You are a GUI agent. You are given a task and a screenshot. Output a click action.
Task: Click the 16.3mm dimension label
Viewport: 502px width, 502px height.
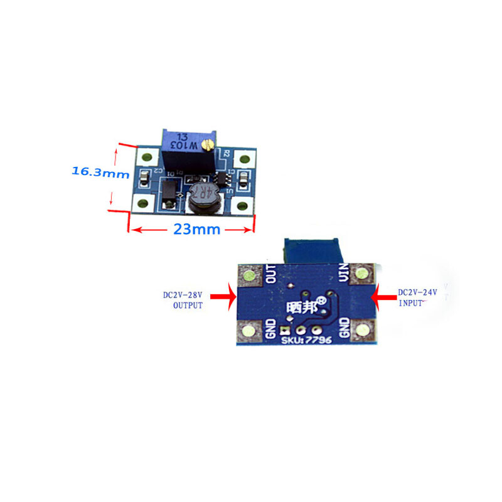tap(99, 171)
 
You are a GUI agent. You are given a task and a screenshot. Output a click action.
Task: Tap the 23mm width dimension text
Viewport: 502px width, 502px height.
tap(197, 230)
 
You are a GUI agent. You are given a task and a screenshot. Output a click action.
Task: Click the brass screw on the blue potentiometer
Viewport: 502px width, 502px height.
tap(208, 146)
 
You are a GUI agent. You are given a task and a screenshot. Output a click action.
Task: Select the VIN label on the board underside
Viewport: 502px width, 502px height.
tap(343, 274)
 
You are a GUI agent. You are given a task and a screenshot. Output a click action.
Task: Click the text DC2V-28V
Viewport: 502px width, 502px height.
tap(183, 294)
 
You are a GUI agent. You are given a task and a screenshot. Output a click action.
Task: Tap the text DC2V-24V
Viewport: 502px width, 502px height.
tap(417, 292)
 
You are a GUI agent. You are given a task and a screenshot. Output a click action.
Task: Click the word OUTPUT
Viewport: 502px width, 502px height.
tap(188, 306)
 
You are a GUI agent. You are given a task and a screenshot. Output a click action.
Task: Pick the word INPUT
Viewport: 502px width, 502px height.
tap(412, 304)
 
